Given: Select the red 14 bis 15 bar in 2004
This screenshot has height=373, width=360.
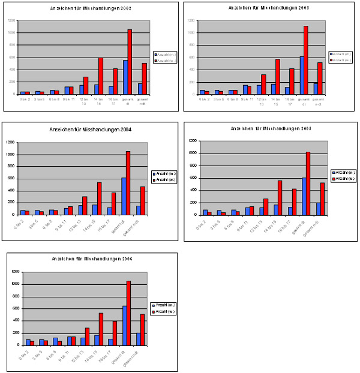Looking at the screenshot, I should (x=99, y=198).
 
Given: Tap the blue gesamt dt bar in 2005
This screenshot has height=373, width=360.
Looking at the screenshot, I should (x=304, y=196).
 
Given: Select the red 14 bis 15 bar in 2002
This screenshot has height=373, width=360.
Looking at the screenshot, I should (x=101, y=76).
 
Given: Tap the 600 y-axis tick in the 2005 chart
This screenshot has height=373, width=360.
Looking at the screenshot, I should (x=192, y=178).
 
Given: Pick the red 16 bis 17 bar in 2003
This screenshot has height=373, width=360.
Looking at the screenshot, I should (x=292, y=82).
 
